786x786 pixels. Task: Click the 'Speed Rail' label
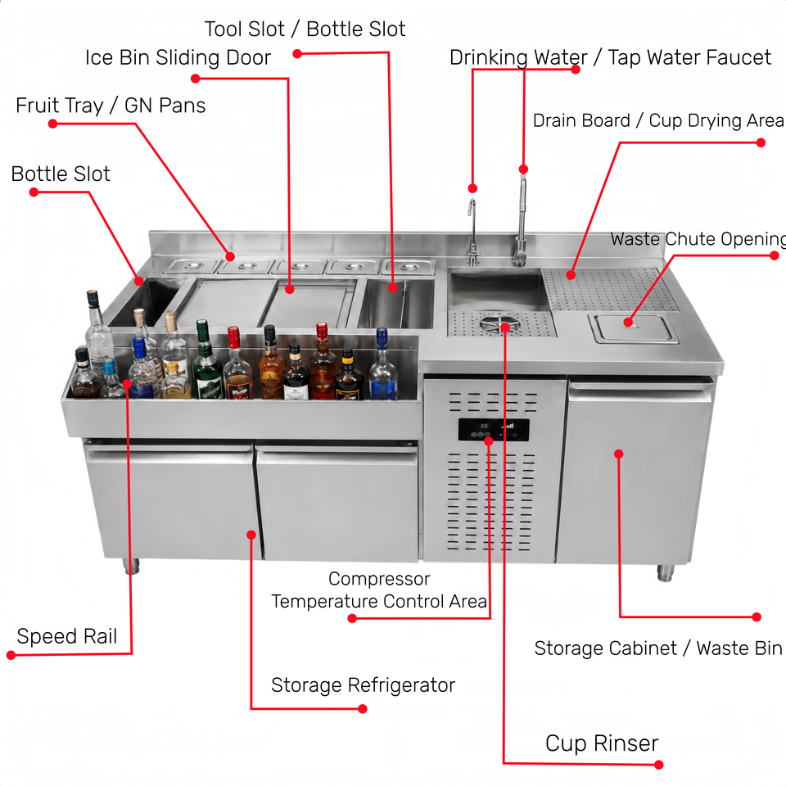tap(66, 637)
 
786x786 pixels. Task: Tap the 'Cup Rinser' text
tap(602, 743)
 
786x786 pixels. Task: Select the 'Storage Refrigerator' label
tap(363, 685)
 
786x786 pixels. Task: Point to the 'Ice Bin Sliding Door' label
tap(178, 57)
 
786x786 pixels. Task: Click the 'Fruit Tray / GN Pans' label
tap(111, 106)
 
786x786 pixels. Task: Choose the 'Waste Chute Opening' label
tap(698, 239)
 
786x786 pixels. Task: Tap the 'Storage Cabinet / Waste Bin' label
tap(658, 648)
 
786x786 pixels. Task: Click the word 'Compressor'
tap(379, 579)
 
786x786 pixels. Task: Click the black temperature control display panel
tap(493, 430)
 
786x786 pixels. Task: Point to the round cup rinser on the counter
tap(499, 324)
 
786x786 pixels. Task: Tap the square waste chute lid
tap(635, 329)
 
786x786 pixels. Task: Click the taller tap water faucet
tap(522, 220)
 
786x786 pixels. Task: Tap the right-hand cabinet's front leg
tap(665, 572)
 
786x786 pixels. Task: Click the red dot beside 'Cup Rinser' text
tap(659, 765)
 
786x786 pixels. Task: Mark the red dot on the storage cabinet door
tap(619, 454)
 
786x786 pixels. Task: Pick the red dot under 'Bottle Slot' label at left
tap(34, 192)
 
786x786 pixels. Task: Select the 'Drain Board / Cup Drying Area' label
tap(658, 121)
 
